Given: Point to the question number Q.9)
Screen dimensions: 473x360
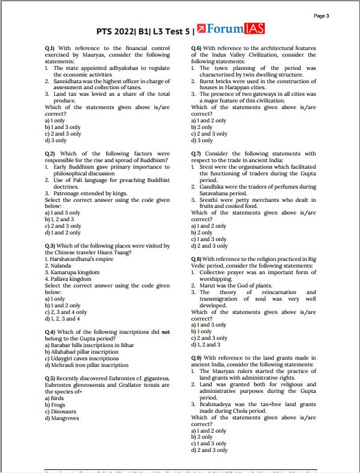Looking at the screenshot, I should tap(196, 357).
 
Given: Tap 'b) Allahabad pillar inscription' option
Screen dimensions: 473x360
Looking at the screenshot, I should tap(83, 352).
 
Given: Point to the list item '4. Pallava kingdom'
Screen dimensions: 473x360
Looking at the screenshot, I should tap(69, 279).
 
